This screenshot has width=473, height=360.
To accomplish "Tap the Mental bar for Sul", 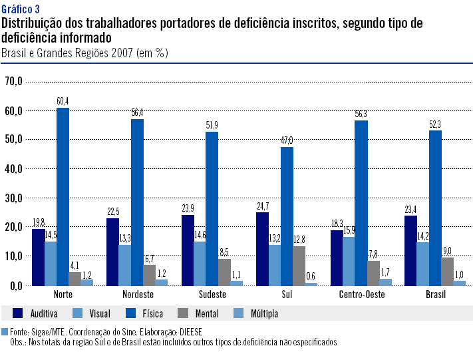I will pyautogui.click(x=299, y=266).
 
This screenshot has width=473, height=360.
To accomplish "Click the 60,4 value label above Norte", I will pyautogui.click(x=63, y=101).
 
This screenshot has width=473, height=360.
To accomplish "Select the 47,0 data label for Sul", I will pyautogui.click(x=287, y=140).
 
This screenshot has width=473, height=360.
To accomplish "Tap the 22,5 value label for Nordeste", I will pyautogui.click(x=113, y=212).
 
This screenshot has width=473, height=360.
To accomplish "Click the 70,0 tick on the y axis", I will pyautogui.click(x=14, y=81).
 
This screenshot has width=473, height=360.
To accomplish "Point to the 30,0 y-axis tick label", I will pyautogui.click(x=14, y=198).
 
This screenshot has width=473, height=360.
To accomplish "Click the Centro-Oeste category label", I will pyautogui.click(x=361, y=294).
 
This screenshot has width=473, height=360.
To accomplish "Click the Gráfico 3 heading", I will pyautogui.click(x=21, y=8).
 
